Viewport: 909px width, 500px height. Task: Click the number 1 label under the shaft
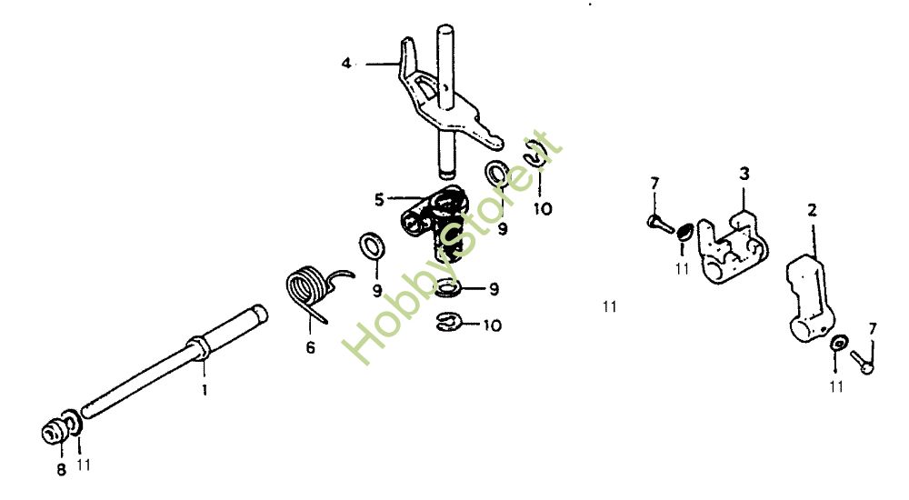pyautogui.click(x=205, y=390)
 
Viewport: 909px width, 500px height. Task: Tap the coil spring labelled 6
pyautogui.click(x=309, y=286)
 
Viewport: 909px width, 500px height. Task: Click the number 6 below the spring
pyautogui.click(x=310, y=347)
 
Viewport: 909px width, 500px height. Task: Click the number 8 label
pyautogui.click(x=61, y=469)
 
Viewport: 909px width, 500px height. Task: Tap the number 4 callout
pyautogui.click(x=345, y=63)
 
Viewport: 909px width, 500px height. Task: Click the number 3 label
pyautogui.click(x=744, y=173)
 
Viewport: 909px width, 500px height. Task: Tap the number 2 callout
pyautogui.click(x=812, y=209)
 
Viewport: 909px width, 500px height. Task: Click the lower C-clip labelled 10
pyautogui.click(x=449, y=322)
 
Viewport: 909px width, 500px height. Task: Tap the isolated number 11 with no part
pyautogui.click(x=609, y=306)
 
